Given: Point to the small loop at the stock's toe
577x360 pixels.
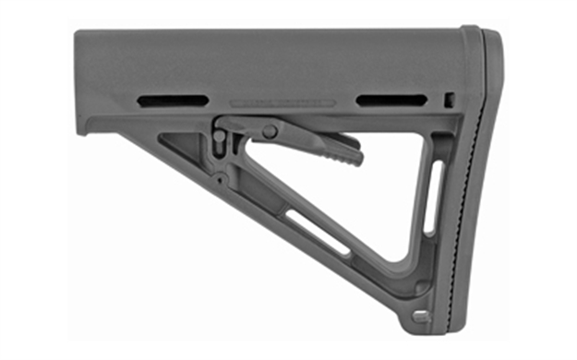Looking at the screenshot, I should tap(422, 316).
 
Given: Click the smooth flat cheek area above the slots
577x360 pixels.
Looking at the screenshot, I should tap(277, 60).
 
